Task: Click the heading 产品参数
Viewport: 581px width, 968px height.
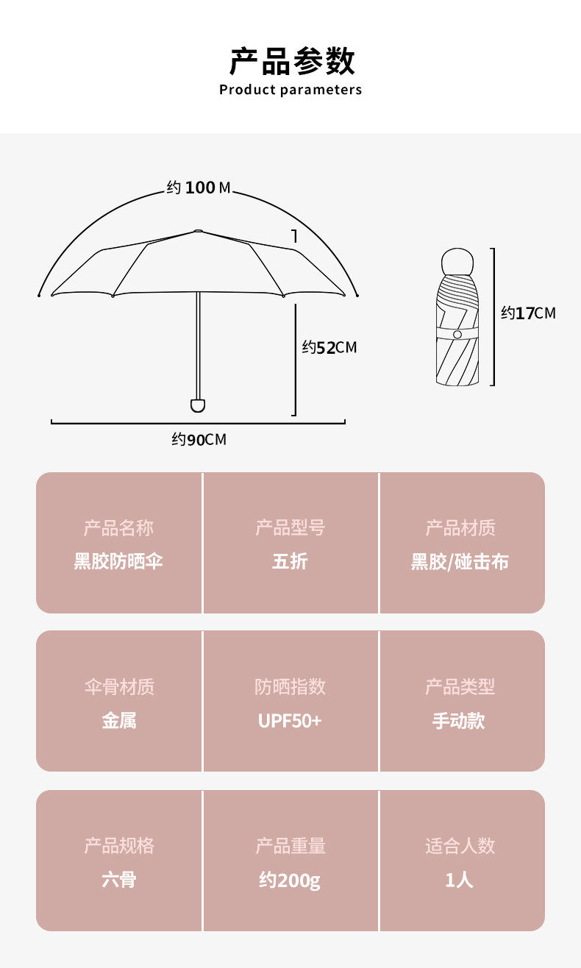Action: tap(291, 61)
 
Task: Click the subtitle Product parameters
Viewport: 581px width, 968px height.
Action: tap(290, 90)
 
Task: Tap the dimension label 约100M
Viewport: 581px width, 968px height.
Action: tap(199, 188)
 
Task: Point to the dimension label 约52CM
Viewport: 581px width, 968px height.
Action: tap(329, 347)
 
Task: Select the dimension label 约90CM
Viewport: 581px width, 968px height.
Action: tap(199, 440)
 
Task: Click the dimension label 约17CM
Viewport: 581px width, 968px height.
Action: tap(528, 313)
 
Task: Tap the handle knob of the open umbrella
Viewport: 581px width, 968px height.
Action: tap(198, 405)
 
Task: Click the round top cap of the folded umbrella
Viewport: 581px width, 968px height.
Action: tap(457, 262)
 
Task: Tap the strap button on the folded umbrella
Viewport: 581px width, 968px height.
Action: tap(457, 335)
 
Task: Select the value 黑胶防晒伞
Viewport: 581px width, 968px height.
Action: tap(118, 562)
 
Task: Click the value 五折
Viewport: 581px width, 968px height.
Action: tap(290, 562)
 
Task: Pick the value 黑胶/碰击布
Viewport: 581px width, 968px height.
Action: tap(460, 562)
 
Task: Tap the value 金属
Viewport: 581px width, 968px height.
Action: tap(118, 721)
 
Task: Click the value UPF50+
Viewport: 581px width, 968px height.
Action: tap(290, 721)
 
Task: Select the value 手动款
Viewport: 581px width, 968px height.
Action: tap(459, 721)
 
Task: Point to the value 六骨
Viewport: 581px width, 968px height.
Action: tap(118, 880)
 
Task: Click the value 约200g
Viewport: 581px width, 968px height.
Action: tap(290, 880)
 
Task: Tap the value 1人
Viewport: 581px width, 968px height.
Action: tap(459, 880)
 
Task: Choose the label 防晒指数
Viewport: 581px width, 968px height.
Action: tap(290, 687)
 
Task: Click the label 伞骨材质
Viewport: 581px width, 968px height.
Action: tap(118, 687)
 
